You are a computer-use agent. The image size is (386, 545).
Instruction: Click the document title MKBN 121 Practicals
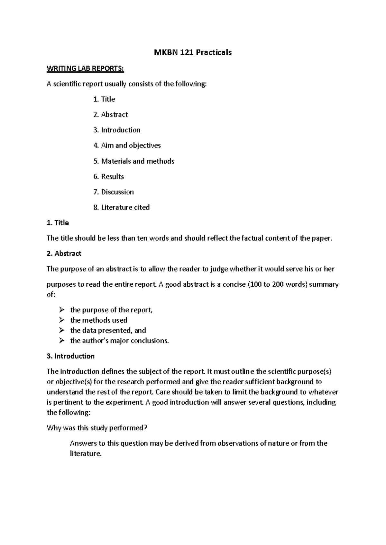pos(193,52)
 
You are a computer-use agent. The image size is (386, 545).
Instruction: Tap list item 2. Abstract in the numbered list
pos(111,115)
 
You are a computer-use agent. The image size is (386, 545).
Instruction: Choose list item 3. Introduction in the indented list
pos(117,130)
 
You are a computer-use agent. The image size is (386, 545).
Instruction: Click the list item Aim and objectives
pos(127,146)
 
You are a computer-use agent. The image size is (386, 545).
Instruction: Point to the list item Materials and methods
pos(134,161)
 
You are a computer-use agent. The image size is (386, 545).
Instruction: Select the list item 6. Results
pos(109,176)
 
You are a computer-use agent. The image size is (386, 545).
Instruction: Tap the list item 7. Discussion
pos(114,192)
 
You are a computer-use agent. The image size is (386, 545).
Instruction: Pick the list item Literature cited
pos(122,207)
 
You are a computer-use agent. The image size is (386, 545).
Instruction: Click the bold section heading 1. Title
pos(58,223)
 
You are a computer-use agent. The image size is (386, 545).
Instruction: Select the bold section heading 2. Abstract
pos(64,254)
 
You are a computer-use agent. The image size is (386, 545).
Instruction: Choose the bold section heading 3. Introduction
pos(70,356)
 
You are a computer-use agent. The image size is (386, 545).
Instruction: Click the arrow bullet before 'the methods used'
pos(61,320)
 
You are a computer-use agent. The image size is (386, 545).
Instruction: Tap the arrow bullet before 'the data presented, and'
pos(61,330)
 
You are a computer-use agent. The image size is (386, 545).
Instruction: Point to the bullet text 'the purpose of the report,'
pos(111,310)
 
